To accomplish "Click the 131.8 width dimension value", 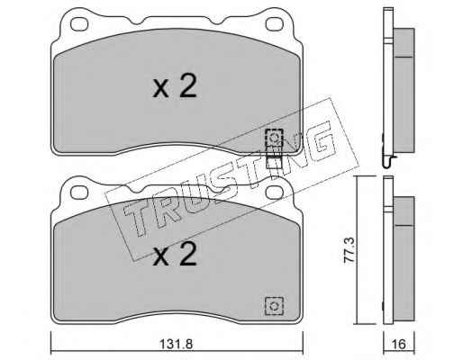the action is (x=176, y=344).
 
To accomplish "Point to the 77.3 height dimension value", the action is (x=350, y=250).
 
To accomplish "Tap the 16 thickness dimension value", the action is (x=399, y=344).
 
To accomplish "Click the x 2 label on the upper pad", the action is (x=175, y=86).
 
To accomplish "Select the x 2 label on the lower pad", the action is (x=175, y=254).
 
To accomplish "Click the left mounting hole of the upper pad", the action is (x=79, y=24).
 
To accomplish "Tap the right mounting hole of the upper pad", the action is (x=275, y=24).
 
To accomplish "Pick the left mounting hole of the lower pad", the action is (x=79, y=193).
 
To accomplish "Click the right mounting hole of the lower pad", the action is (x=275, y=193).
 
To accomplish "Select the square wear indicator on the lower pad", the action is (x=274, y=306).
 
